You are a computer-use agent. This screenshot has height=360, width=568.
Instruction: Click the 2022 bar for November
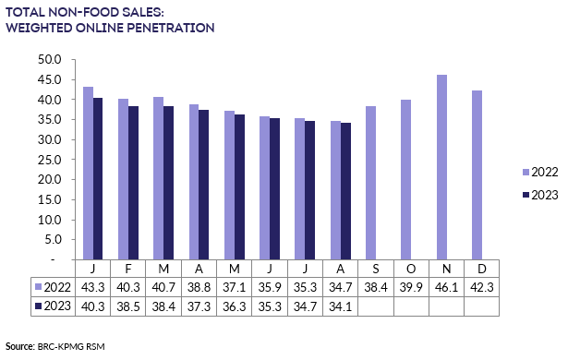[x=441, y=167]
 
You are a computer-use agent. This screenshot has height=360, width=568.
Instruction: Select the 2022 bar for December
[x=477, y=175]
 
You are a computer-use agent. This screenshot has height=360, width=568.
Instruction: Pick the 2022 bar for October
[x=405, y=180]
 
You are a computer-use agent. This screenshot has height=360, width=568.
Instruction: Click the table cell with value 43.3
[x=93, y=288]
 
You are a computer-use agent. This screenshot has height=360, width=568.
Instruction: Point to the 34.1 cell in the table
[x=339, y=306]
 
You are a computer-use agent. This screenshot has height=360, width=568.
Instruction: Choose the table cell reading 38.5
[x=128, y=306]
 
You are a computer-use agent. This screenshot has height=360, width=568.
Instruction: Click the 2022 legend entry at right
[x=538, y=172]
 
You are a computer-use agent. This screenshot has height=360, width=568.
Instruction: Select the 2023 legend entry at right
[x=538, y=196]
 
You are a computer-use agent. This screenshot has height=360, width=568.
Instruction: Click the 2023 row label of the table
[x=53, y=306]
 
